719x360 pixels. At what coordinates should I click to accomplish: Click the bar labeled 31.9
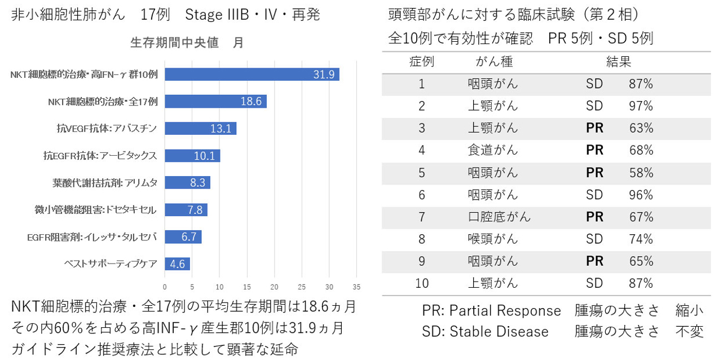[252, 74]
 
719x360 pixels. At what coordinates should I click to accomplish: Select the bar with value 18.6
[215, 102]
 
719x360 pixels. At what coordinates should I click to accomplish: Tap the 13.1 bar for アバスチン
[200, 129]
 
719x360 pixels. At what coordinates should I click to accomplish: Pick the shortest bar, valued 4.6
[177, 264]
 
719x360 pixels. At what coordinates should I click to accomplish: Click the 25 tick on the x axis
[302, 286]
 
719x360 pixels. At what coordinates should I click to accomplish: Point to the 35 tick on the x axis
[356, 286]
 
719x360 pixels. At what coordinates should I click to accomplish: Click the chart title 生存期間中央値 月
[187, 43]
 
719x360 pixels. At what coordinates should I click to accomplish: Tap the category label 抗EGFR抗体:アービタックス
[100, 155]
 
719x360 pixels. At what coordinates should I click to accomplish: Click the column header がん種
[495, 62]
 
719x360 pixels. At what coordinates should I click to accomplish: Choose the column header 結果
[619, 62]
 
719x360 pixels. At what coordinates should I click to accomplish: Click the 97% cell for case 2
[641, 106]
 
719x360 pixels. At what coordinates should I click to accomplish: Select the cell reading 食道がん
[493, 151]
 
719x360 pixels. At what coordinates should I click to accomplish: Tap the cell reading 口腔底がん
[499, 217]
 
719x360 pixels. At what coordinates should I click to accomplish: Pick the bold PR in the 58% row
[594, 173]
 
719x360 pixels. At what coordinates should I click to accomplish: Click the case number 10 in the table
[422, 283]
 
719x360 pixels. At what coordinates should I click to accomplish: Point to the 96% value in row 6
[641, 195]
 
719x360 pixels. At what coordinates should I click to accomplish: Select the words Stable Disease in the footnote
[499, 331]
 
